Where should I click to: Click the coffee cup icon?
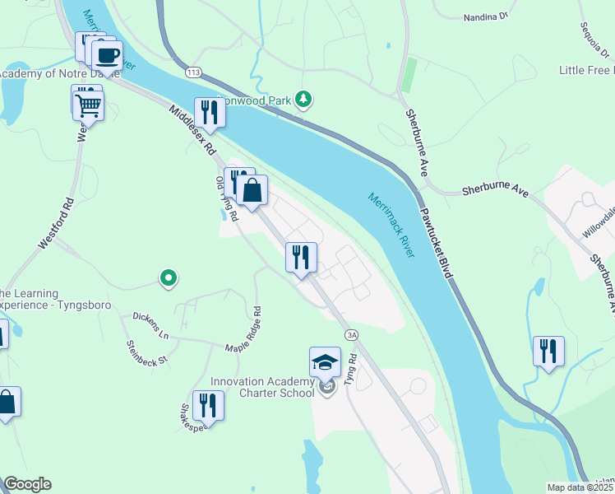(107, 57)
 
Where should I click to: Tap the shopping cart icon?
(88, 105)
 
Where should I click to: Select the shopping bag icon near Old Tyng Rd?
(252, 190)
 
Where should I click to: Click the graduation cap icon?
(325, 362)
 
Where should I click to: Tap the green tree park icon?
(304, 100)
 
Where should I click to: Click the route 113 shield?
(193, 72)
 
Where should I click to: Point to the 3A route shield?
(352, 334)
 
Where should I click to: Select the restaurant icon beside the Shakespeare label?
(207, 405)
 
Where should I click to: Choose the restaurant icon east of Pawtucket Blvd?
(548, 351)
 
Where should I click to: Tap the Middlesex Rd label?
(192, 131)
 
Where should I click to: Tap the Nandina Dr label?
(487, 16)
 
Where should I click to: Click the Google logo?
(27, 484)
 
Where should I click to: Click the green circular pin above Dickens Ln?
(168, 278)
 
